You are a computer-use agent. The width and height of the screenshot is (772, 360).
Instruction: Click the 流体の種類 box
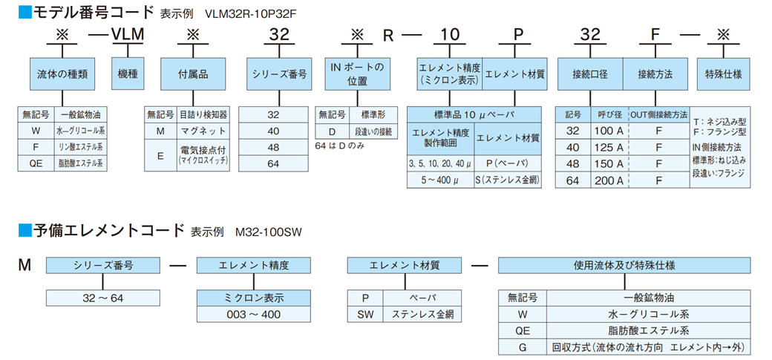(62, 74)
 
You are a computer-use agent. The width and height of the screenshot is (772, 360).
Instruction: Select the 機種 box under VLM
(128, 74)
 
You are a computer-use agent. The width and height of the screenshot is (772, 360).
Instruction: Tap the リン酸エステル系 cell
(81, 146)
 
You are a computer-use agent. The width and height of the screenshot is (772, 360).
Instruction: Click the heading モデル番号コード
(85, 12)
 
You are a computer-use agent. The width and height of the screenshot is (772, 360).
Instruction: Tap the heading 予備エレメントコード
(108, 231)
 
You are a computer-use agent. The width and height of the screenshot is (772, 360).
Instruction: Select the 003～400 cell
(252, 314)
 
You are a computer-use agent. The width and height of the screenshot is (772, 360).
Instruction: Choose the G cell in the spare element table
(522, 347)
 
